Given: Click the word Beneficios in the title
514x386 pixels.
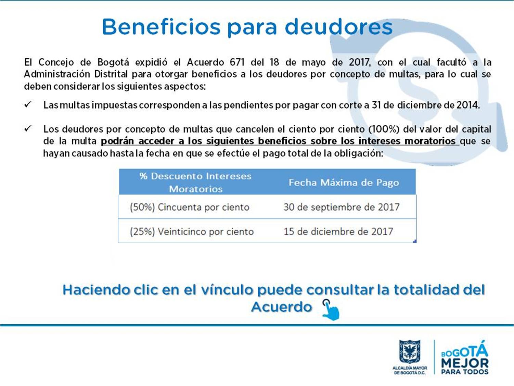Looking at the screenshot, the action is click(161, 27).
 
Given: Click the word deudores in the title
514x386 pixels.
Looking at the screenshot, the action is click(338, 27).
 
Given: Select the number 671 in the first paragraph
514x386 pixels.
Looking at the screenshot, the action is click(237, 62).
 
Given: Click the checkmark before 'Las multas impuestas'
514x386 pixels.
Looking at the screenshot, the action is click(28, 104).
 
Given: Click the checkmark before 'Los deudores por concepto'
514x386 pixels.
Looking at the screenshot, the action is click(28, 128).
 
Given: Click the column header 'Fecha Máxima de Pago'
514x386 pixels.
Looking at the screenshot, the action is click(344, 183).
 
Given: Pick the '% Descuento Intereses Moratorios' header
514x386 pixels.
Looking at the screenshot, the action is click(195, 183).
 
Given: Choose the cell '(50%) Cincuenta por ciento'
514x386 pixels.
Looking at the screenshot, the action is click(190, 207).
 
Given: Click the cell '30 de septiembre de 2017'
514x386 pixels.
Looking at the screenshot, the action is click(342, 207).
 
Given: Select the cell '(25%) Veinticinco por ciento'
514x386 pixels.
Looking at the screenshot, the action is click(192, 232).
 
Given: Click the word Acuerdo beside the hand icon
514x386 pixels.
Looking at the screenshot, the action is click(282, 307).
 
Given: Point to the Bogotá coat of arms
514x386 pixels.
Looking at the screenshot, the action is click(410, 351).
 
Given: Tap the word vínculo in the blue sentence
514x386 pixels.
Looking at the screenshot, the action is click(227, 290).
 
